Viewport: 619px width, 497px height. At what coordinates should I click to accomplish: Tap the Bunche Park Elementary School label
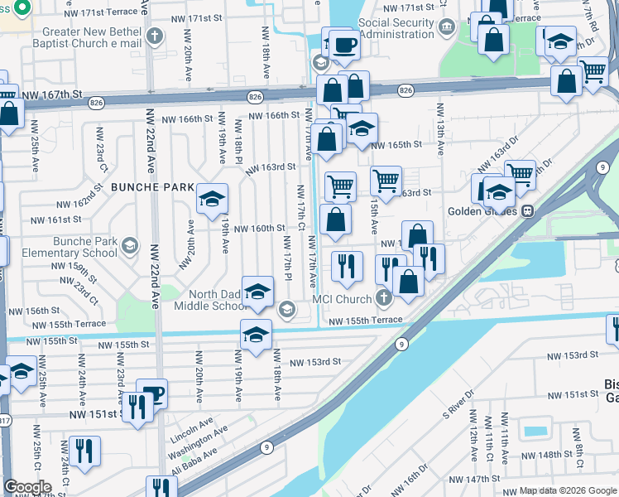(x=74, y=247)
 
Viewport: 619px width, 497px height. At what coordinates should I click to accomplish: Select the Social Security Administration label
(x=384, y=28)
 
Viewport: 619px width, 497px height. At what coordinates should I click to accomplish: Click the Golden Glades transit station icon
(x=526, y=210)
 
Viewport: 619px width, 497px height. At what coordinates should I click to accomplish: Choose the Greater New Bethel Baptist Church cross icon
(x=155, y=36)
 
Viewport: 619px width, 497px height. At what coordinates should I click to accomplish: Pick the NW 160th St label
(x=258, y=229)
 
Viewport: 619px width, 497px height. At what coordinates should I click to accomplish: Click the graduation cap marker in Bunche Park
(x=212, y=198)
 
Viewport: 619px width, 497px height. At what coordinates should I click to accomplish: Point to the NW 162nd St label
(x=80, y=204)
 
